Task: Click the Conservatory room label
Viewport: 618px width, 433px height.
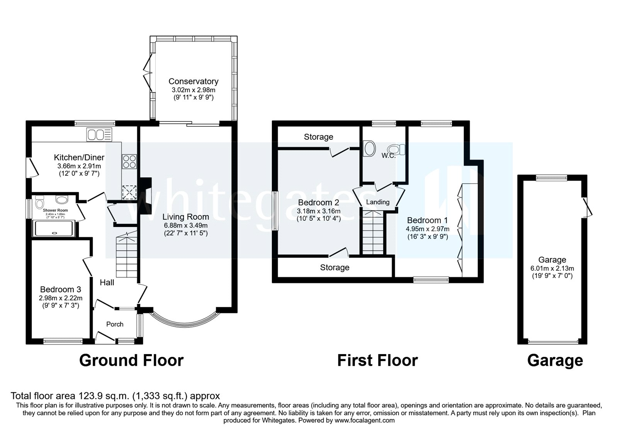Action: [193, 81]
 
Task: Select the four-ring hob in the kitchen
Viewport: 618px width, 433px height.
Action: [129, 161]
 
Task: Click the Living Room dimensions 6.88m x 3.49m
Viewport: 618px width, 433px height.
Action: [185, 225]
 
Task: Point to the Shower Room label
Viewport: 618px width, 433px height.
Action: [55, 210]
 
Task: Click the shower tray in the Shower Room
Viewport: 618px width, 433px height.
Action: [54, 228]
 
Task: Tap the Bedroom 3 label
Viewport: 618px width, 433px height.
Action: [60, 289]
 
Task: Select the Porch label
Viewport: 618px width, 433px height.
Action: [115, 324]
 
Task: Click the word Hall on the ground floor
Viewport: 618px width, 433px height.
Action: [107, 283]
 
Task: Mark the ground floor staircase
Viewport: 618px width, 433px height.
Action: [127, 255]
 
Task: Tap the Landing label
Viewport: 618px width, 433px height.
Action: [378, 202]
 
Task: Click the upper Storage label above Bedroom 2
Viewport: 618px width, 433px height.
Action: [318, 137]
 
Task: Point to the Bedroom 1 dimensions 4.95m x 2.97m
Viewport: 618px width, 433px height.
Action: [427, 229]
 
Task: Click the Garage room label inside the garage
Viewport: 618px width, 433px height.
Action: [552, 260]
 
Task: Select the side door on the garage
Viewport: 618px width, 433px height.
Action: [586, 207]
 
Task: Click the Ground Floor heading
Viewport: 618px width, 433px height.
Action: [131, 360]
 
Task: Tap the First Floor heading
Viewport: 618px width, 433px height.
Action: [377, 360]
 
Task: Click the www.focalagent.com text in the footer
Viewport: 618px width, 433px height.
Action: [365, 420]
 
